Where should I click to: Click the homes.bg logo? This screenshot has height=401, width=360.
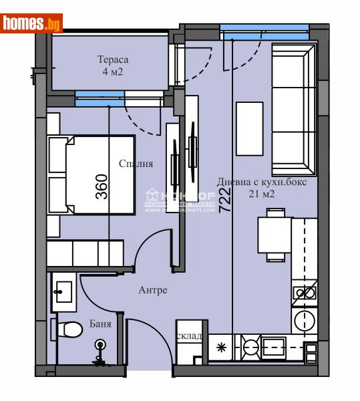point(32,23)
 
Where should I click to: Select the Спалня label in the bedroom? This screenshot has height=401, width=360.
point(136,163)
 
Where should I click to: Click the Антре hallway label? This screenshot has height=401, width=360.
point(153,290)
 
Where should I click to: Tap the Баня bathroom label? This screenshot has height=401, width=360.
point(100,325)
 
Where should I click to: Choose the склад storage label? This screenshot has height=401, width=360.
point(189,336)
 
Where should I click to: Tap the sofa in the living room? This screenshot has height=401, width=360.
point(292,112)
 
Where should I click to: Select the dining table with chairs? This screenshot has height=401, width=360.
point(274,235)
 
